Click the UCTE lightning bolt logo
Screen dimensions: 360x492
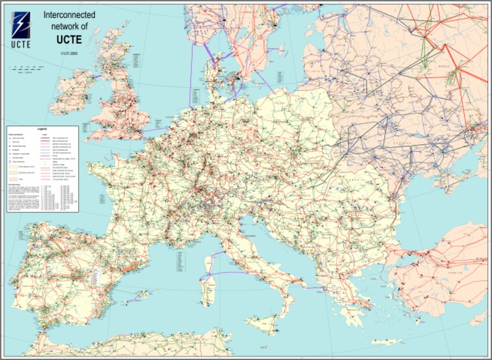[x=20, y=25]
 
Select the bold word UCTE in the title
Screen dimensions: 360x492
[x=69, y=38]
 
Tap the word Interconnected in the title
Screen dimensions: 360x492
[x=69, y=13]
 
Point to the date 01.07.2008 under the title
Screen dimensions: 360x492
[x=69, y=52]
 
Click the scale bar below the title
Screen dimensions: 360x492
[x=26, y=67]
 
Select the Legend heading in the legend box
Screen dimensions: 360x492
[x=42, y=129]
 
